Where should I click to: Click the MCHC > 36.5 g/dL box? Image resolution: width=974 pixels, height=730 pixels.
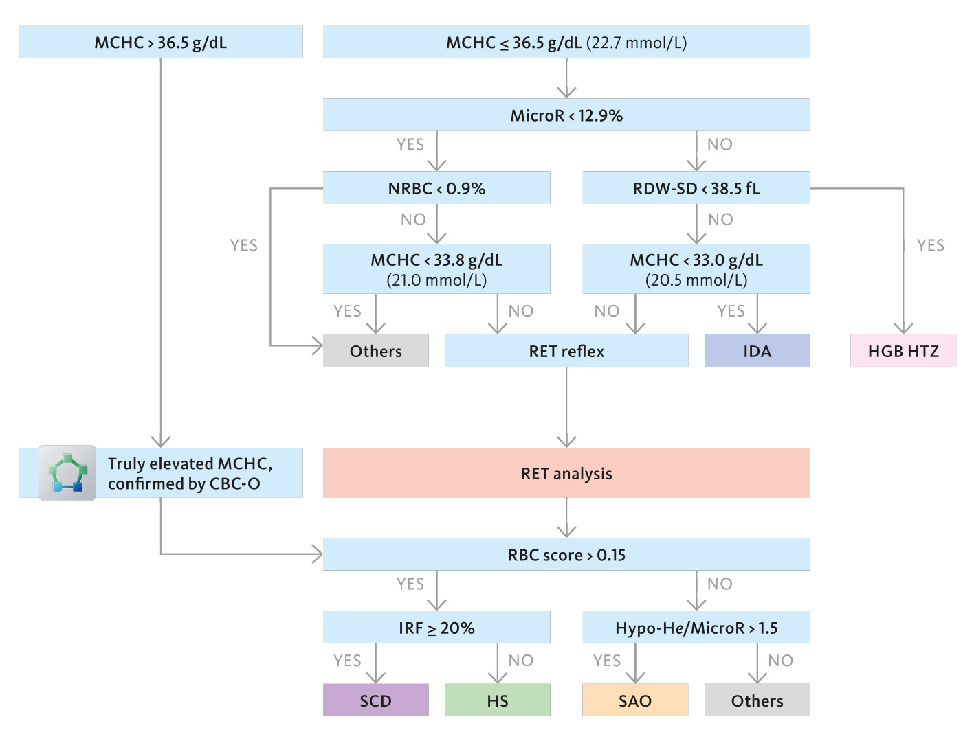(161, 42)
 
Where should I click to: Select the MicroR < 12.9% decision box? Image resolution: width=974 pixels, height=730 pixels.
(566, 115)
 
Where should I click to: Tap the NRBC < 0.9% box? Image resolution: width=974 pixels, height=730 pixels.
(436, 188)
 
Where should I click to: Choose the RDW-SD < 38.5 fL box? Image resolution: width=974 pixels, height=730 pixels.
(696, 188)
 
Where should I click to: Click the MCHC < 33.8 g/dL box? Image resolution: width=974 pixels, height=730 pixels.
(436, 269)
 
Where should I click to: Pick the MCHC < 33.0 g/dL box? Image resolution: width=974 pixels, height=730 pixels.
(696, 269)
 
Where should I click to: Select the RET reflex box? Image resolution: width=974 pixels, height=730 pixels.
(566, 351)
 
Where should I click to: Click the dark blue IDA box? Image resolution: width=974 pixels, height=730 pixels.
(757, 351)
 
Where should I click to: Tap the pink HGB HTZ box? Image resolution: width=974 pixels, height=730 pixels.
(903, 351)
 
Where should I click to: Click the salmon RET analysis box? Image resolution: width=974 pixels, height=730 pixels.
(566, 473)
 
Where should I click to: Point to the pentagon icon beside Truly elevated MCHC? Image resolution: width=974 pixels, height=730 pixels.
(67, 473)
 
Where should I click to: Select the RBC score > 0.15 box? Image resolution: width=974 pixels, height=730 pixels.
(566, 554)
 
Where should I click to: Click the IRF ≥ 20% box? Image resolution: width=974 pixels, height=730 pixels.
(436, 627)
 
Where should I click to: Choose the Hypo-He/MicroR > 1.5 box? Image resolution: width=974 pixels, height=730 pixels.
(696, 627)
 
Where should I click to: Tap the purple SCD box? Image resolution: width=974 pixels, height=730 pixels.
(376, 700)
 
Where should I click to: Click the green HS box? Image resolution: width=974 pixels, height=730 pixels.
(498, 700)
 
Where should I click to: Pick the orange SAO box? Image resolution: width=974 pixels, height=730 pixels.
(635, 700)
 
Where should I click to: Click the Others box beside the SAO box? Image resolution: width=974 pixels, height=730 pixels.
(757, 700)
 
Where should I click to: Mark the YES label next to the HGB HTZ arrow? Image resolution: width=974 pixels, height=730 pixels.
(931, 245)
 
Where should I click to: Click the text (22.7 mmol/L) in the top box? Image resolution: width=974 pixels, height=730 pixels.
(637, 43)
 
